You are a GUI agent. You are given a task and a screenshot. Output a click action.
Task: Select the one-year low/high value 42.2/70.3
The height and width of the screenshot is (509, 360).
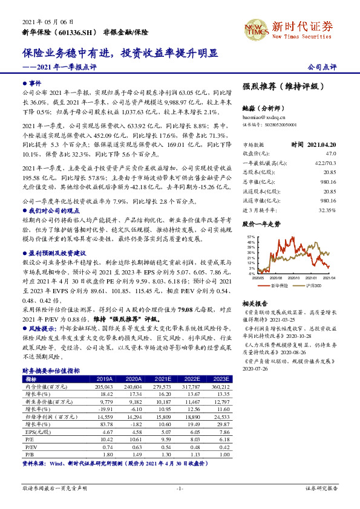324,163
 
